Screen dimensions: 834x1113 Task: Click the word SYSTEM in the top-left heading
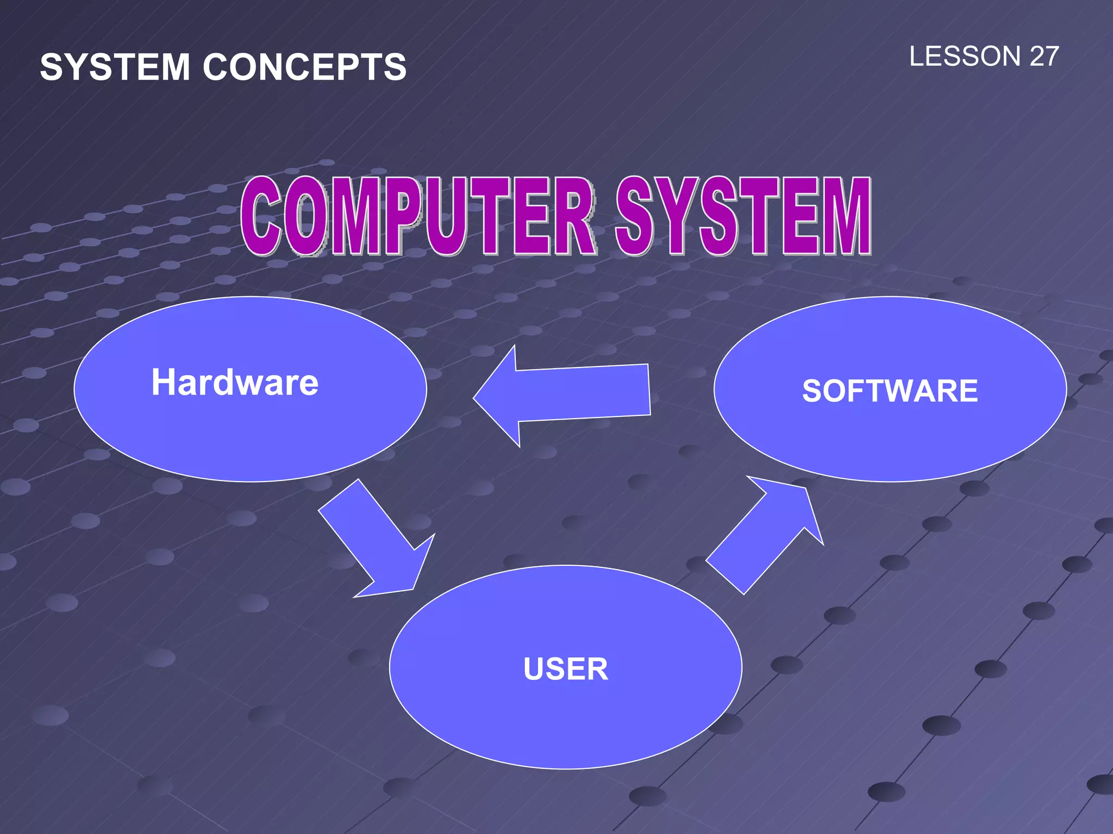coord(115,67)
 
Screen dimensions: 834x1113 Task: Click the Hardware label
coord(235,383)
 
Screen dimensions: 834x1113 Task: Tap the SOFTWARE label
coord(890,391)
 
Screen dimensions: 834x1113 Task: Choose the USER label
coord(566,669)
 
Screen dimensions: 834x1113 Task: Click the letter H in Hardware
coord(164,382)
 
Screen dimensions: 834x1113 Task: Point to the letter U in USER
coord(535,669)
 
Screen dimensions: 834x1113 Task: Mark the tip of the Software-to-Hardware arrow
coord(474,398)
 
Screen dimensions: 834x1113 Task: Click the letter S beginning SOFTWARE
coord(812,391)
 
